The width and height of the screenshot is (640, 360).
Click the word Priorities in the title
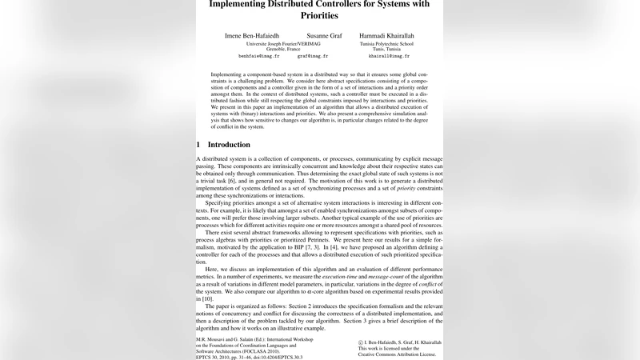pos(319,15)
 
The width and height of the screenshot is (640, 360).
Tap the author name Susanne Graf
pos(323,37)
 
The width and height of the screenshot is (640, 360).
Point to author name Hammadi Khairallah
pos(388,37)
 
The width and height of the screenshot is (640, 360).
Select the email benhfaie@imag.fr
pos(258,57)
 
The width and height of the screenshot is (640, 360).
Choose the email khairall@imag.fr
pos(389,57)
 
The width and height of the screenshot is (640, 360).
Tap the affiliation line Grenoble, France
pos(282,49)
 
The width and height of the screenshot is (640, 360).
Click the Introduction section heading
pos(229,145)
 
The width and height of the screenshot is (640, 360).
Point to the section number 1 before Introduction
pos(198,145)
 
